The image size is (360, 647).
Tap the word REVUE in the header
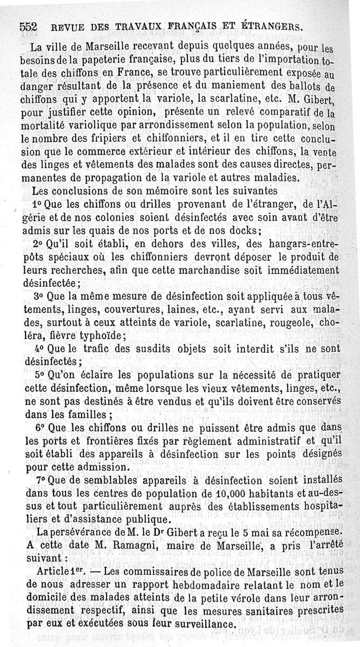click(x=64, y=27)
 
